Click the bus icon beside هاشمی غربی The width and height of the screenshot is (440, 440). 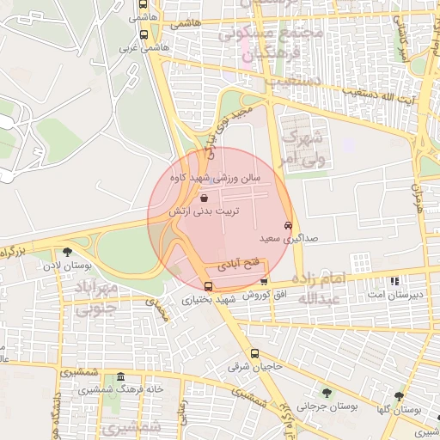tap(143, 36)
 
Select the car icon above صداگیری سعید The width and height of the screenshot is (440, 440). tap(287, 225)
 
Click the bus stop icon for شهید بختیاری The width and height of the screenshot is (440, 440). tap(208, 286)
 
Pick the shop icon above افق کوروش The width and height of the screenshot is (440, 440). tap(264, 281)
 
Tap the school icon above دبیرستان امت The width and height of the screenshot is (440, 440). tap(394, 281)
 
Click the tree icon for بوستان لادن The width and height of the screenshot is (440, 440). tap(67, 252)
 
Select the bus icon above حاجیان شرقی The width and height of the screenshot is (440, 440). tap(254, 353)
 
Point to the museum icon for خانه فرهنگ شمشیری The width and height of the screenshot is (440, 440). tap(120, 377)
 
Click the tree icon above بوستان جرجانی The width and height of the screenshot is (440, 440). tap(325, 392)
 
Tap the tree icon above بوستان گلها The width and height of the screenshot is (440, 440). tap(398, 396)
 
